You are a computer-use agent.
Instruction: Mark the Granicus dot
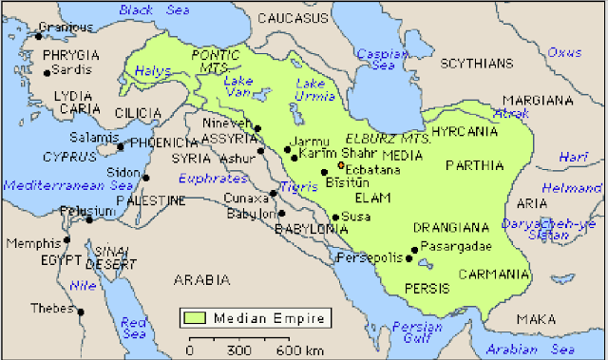pyautogui.click(x=39, y=36)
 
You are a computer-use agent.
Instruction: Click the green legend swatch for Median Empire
pyautogui.click(x=195, y=317)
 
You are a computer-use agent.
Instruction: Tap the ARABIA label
pyautogui.click(x=202, y=279)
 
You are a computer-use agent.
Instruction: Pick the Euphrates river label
pyautogui.click(x=216, y=177)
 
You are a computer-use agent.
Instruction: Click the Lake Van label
pyautogui.click(x=238, y=87)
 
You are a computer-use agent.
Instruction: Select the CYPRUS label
pyautogui.click(x=67, y=155)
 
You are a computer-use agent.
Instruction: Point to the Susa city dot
pyautogui.click(x=335, y=217)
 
